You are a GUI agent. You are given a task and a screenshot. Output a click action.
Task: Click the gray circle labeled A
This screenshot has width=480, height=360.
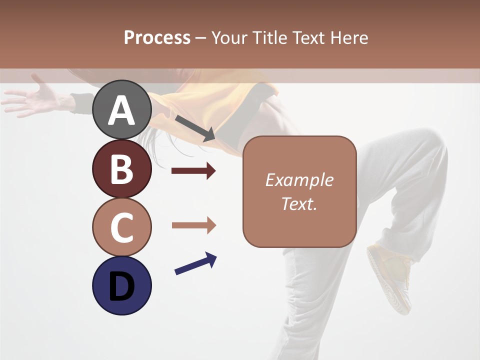coord(122,110)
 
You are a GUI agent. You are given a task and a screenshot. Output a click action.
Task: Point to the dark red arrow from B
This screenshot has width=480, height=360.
coord(193,171)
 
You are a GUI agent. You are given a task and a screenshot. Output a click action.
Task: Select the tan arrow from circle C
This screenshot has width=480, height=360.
coord(193,225)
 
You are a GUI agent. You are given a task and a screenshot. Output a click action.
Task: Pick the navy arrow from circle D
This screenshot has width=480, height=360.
coord(195,264)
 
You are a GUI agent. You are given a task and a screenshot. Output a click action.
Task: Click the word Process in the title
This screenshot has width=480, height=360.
coord(157,37)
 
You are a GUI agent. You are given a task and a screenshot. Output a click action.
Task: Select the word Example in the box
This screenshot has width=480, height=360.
coord(299,180)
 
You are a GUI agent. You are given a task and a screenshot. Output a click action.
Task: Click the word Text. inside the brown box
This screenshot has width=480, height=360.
coord(299,203)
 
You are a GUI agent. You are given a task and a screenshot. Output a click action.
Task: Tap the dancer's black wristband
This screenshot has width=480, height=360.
coord(81,102)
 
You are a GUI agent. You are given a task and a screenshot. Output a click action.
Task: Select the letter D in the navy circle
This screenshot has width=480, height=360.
coord(122,286)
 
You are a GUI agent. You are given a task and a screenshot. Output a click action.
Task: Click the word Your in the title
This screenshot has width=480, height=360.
coord(230,37)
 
